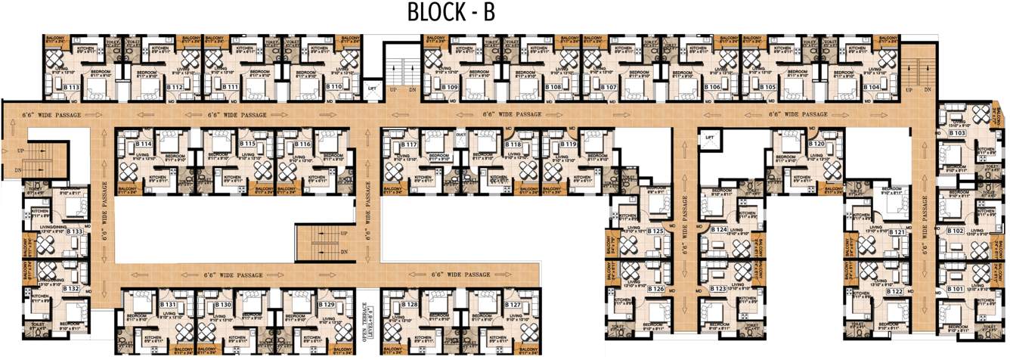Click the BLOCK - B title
coord(451,13)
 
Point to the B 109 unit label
coord(450,88)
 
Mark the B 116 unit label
coord(302,144)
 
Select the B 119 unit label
coord(569,144)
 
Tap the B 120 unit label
coord(816,144)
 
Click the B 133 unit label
coord(74,231)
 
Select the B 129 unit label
coord(327,304)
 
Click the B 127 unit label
coord(513,304)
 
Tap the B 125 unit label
coord(655,231)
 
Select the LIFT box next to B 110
coord(371,88)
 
